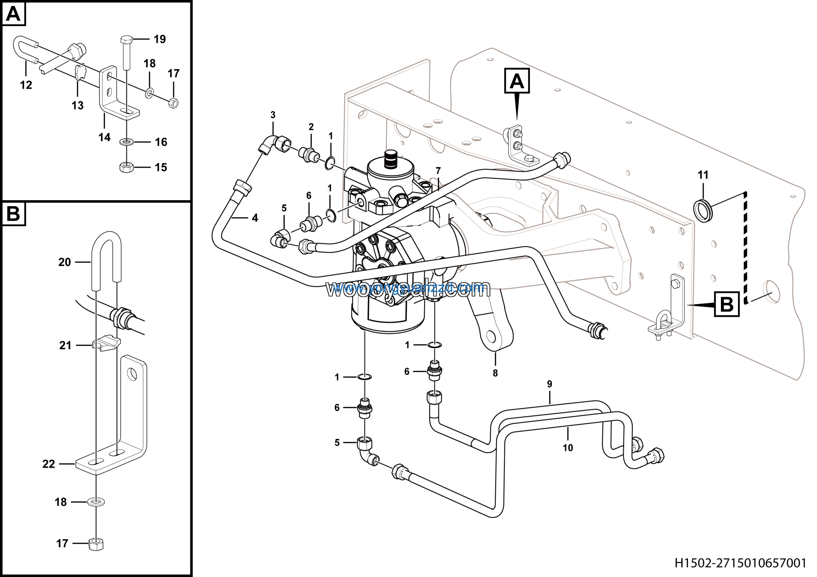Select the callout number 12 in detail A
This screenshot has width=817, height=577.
point(26,85)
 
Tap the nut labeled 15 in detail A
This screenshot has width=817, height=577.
point(126,167)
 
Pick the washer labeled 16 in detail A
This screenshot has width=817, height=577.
point(126,142)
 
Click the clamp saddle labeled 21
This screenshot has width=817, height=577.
point(106,344)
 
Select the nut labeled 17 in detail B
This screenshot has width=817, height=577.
point(96,544)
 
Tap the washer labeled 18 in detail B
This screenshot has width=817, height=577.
point(96,502)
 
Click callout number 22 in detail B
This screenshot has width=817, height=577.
point(49,464)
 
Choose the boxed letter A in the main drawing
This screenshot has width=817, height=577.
point(517,81)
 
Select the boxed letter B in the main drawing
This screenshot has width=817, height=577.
point(727,304)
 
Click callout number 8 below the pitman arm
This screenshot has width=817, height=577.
point(495,373)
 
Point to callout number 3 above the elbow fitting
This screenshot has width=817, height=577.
point(273,115)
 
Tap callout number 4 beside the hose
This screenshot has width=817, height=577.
point(255,218)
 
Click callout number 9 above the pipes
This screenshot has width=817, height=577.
point(550,384)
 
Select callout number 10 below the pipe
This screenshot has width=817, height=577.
point(567,448)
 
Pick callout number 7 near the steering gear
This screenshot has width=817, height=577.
point(438,171)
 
